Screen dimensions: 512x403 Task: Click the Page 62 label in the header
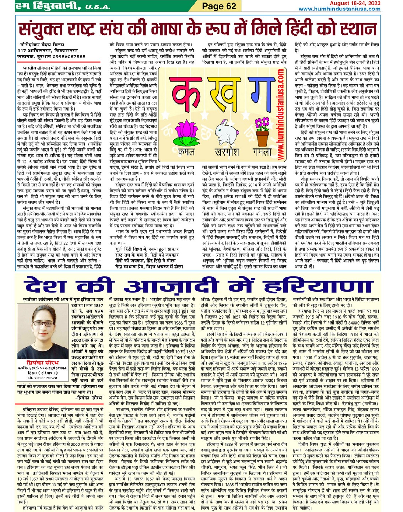click(219, 6)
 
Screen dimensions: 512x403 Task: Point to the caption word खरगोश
click(224, 152)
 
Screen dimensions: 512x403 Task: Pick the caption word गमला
click(262, 152)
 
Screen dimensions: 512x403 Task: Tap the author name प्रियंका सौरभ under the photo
click(43, 362)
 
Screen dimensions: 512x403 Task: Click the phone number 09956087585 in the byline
click(69, 56)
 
